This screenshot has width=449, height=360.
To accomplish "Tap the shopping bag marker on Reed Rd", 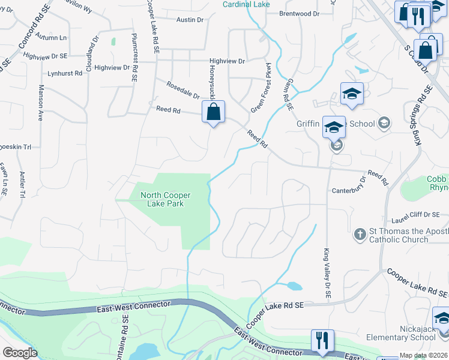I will (213, 112).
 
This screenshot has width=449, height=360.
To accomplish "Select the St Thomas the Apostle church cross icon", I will (360, 233).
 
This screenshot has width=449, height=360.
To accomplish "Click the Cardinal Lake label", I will (246, 4).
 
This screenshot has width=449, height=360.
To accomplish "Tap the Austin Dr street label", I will (190, 20).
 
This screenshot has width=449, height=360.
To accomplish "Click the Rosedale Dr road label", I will (183, 91).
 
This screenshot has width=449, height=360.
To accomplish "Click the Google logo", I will (20, 353).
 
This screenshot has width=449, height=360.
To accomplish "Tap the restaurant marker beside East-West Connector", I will (323, 341).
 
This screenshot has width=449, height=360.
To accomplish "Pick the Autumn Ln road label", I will (50, 37).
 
